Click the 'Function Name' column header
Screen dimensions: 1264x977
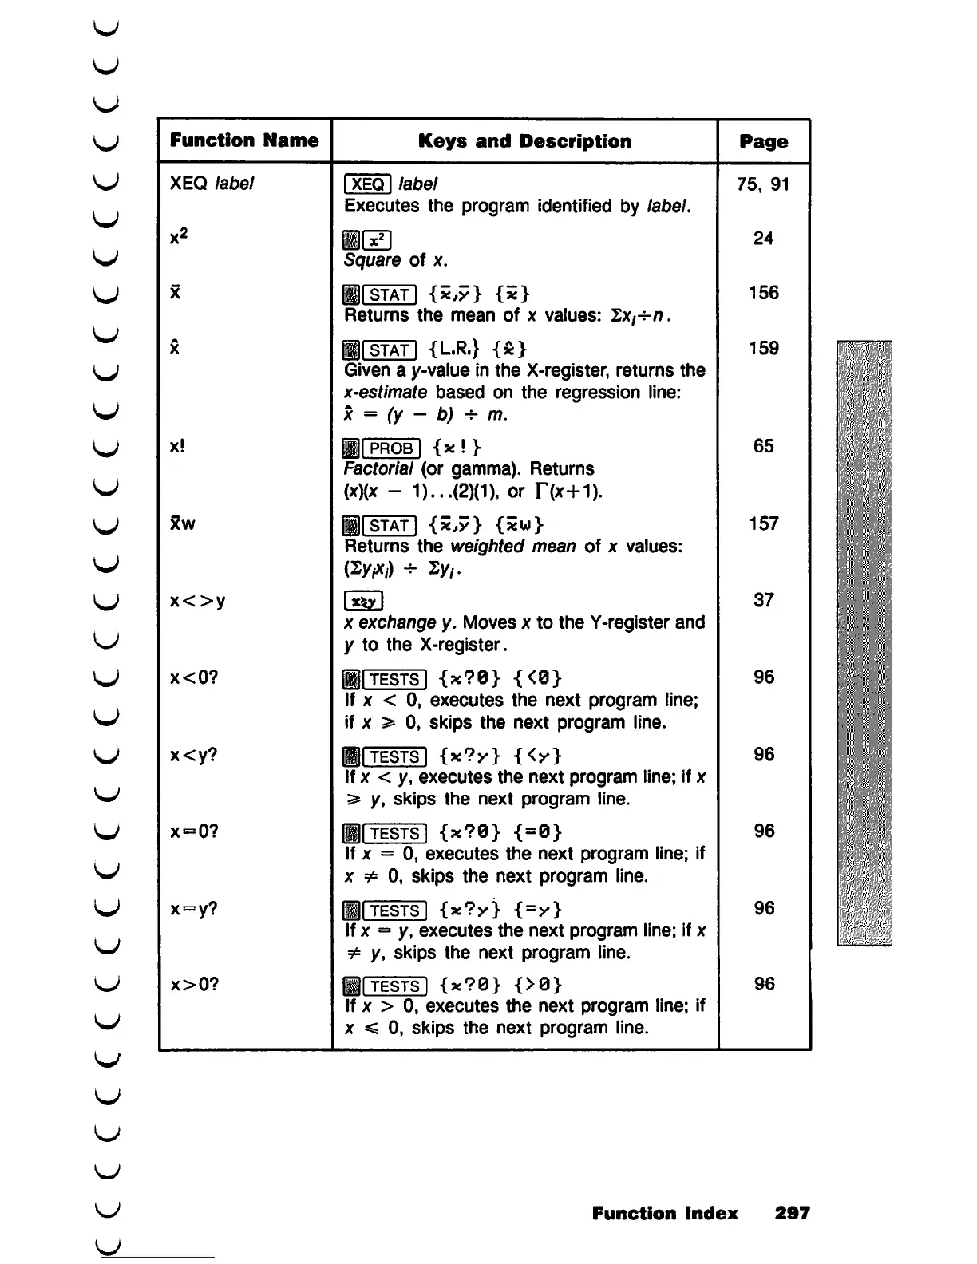[244, 140]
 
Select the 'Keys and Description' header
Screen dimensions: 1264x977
[524, 141]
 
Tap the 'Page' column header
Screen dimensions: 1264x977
[763, 142]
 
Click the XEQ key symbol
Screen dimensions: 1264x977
[367, 184]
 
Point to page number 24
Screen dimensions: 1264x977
[763, 238]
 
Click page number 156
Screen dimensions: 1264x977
[763, 293]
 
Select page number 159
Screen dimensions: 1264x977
[763, 348]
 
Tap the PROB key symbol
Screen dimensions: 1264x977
[390, 448]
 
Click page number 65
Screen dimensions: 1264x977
[763, 446]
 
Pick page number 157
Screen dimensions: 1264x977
[763, 523]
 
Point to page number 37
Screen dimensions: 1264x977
[763, 600]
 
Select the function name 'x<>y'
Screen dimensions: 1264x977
[198, 600]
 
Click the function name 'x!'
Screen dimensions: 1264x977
[177, 446]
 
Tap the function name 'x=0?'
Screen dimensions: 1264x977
[194, 831]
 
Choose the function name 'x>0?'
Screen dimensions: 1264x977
[194, 984]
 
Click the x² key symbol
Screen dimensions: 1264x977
[376, 239]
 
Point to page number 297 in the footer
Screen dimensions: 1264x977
[792, 1213]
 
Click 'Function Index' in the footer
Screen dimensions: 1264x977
[665, 1213]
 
